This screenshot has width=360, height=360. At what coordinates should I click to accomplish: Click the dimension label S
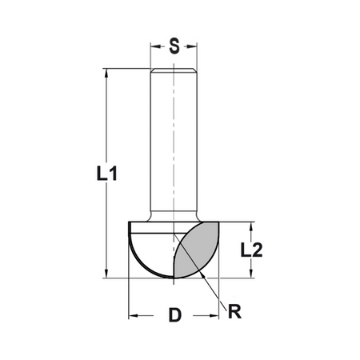pyautogui.click(x=174, y=46)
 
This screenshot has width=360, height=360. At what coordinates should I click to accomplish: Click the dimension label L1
pyautogui.click(x=106, y=174)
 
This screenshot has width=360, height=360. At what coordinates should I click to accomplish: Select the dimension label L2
pyautogui.click(x=251, y=250)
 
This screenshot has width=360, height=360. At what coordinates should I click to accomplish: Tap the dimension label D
pyautogui.click(x=175, y=314)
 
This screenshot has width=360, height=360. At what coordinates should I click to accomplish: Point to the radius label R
pyautogui.click(x=234, y=311)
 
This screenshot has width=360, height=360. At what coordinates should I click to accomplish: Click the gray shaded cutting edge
pyautogui.click(x=198, y=250)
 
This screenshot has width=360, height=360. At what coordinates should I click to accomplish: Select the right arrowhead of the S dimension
pyautogui.click(x=191, y=46)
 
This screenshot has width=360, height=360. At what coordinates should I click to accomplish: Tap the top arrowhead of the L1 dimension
pyautogui.click(x=106, y=74)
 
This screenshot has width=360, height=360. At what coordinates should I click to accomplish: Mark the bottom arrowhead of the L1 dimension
pyautogui.click(x=106, y=273)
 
